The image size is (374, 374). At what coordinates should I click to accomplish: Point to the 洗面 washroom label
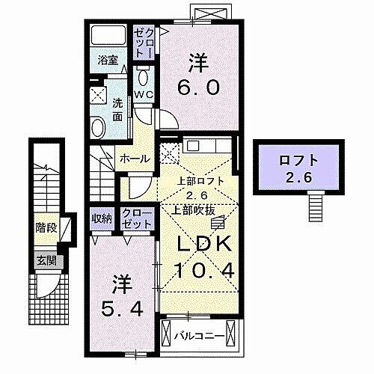click(x=117, y=111)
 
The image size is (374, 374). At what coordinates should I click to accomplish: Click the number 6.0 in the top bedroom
click(x=198, y=88)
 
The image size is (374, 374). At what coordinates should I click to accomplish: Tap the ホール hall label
click(x=132, y=159)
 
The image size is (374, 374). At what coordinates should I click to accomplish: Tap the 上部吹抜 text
click(x=198, y=209)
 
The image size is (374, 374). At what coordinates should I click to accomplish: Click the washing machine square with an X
click(x=98, y=94)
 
